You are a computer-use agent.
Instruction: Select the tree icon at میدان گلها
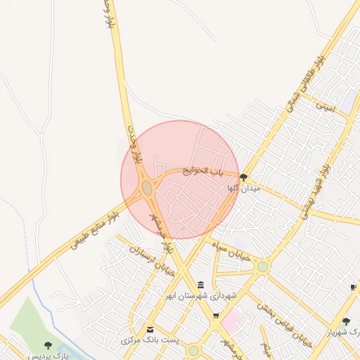(x=244, y=177)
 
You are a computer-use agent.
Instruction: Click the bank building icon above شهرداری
(x=202, y=285)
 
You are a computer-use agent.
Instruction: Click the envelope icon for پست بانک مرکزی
(x=149, y=330)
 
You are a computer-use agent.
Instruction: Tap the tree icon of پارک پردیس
(x=48, y=345)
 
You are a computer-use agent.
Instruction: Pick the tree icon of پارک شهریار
(x=346, y=321)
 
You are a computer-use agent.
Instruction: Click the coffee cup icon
(x=353, y=287)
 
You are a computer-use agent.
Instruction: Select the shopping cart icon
(x=216, y=316)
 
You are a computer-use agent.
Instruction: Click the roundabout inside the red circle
(x=147, y=188)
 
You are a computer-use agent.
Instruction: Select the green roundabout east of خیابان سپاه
(x=262, y=266)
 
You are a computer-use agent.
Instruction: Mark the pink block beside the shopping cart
(x=233, y=323)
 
